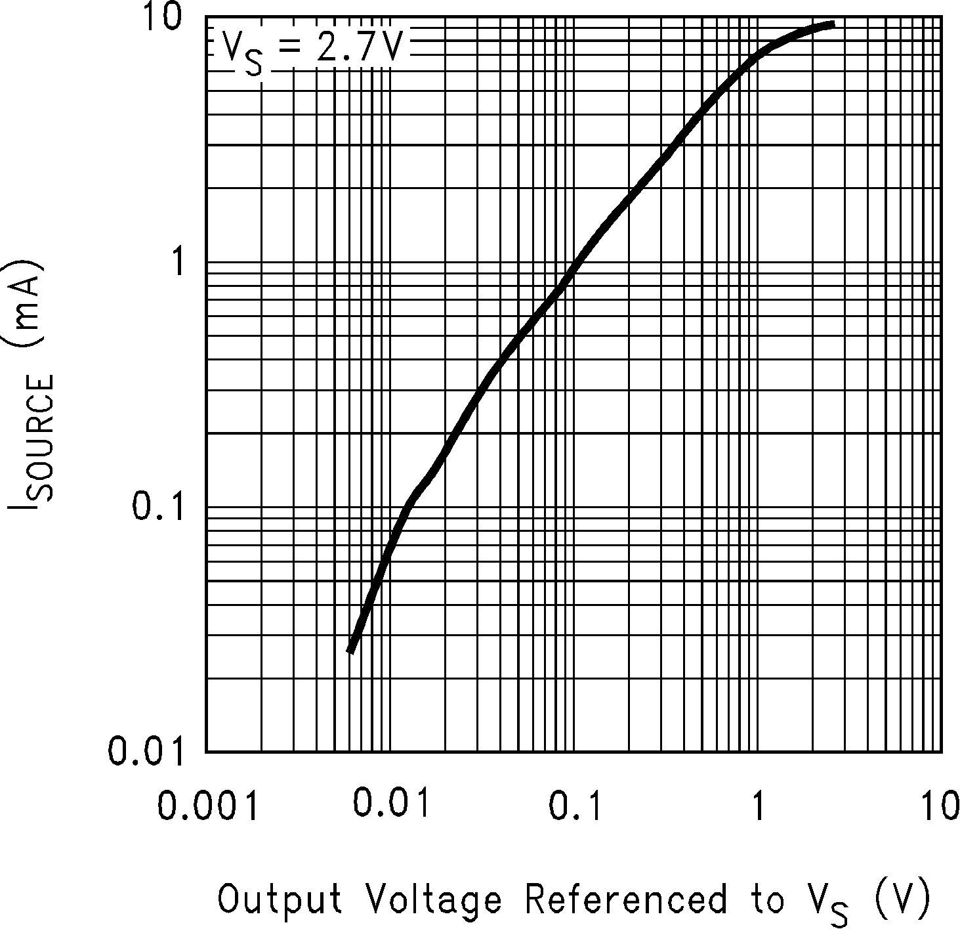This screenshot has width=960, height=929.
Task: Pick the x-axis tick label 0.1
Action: click(575, 806)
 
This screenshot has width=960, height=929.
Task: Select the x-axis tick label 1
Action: click(757, 806)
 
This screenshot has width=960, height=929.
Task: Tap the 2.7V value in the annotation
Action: click(358, 47)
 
